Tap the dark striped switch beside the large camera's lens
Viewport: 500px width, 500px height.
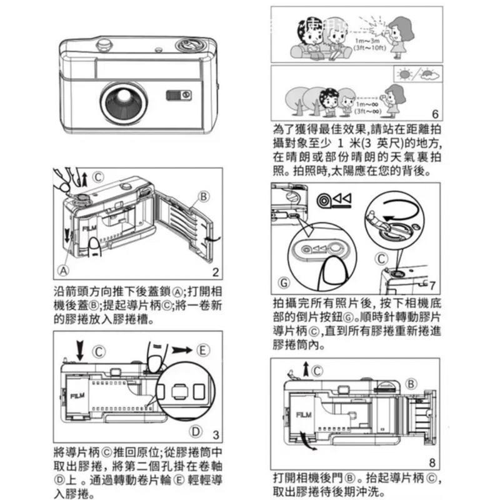tap(177, 94)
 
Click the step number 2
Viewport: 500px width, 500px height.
tap(215, 272)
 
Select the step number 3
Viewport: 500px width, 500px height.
tap(215, 434)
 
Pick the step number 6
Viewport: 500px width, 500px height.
tap(435, 114)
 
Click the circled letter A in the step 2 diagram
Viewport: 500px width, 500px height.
tap(62, 271)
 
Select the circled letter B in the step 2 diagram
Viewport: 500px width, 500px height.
tap(203, 196)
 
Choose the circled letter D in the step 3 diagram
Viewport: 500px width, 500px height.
tap(196, 431)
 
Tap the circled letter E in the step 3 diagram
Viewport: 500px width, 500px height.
tap(202, 349)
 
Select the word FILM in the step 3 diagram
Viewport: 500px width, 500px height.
tap(78, 396)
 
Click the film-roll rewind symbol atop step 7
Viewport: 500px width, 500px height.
tap(335, 199)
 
